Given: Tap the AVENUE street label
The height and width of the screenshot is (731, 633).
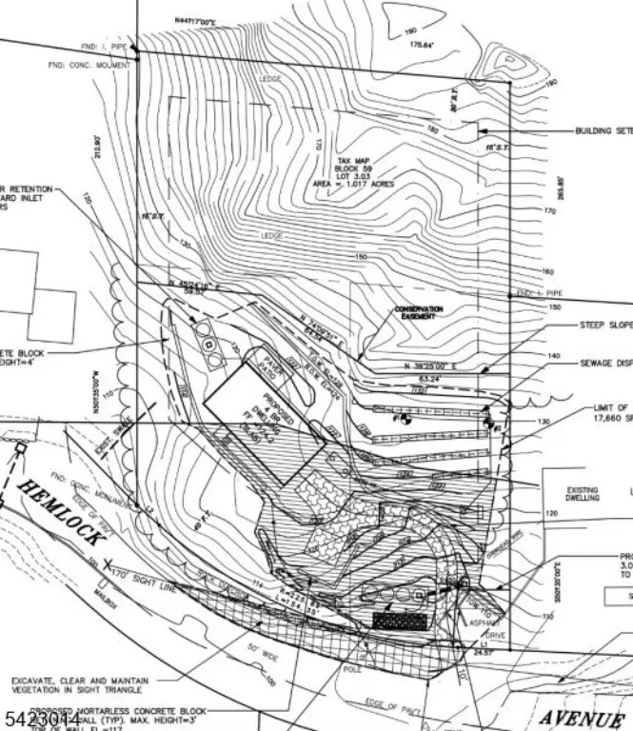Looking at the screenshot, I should click(x=580, y=716).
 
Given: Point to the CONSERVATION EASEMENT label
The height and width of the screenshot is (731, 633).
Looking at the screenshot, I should click(x=420, y=313).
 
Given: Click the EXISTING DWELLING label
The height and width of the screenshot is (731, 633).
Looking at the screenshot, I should click(x=582, y=494).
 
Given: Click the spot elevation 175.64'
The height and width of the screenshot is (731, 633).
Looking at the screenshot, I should click(x=421, y=45).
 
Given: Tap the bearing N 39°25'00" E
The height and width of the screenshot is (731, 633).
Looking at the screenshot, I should click(x=429, y=365).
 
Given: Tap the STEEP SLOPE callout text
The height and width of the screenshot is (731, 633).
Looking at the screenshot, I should click(x=606, y=325).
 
